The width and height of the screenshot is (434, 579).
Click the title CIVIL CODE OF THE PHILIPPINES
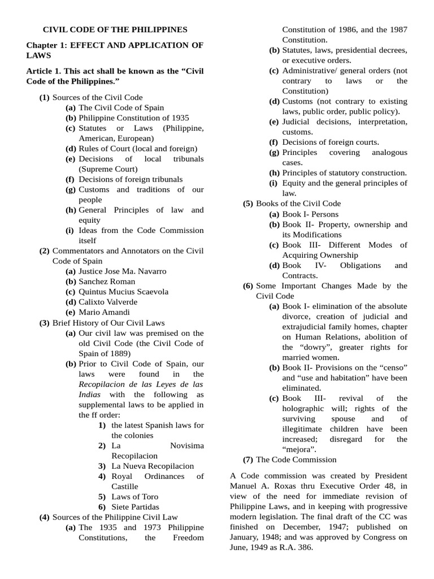[115, 29]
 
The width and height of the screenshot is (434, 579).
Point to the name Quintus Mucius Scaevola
[123, 291]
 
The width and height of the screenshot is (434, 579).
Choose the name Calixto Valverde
[108, 301]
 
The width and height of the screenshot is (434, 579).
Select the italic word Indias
[89, 394]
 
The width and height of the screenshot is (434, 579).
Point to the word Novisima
[186, 446]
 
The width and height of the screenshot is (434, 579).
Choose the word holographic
[307, 408]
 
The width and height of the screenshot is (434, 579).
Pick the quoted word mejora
[303, 449]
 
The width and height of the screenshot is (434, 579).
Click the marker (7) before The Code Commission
[248, 460]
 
